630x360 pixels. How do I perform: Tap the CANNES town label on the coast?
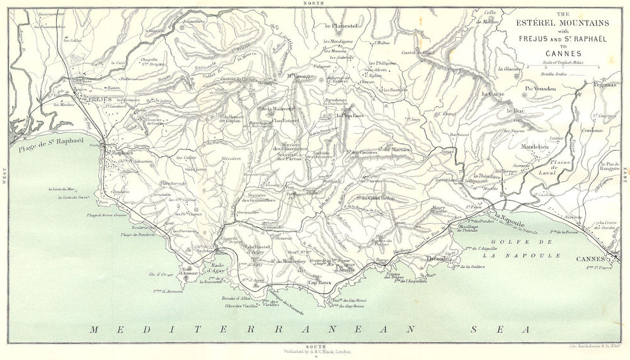[x=590, y=259]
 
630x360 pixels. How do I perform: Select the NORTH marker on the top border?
[x=312, y=4]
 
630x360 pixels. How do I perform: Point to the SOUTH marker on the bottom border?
[x=312, y=345]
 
